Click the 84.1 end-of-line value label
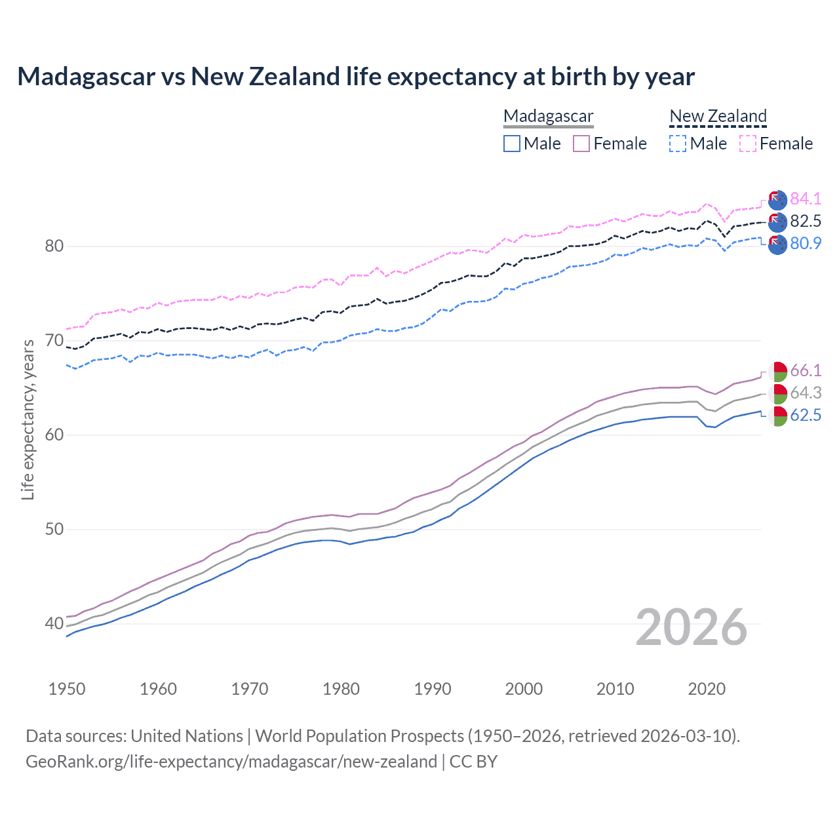(x=806, y=199)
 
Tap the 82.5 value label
(x=806, y=221)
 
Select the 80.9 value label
(x=806, y=243)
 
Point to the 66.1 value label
(x=806, y=370)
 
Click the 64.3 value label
(x=806, y=393)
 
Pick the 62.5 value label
(x=806, y=415)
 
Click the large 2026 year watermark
(x=692, y=627)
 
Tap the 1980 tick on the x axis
(x=341, y=689)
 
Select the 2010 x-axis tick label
(x=615, y=689)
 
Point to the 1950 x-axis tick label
(x=67, y=689)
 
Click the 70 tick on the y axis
(x=54, y=341)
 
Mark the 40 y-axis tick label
(x=54, y=623)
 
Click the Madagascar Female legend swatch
(x=581, y=144)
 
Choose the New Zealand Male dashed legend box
(x=678, y=144)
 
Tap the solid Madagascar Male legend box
(x=512, y=144)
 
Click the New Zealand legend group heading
(x=718, y=116)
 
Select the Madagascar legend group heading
(x=548, y=116)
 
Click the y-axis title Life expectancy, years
(x=28, y=419)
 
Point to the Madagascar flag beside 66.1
(x=777, y=371)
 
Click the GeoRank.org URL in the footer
(x=231, y=762)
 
